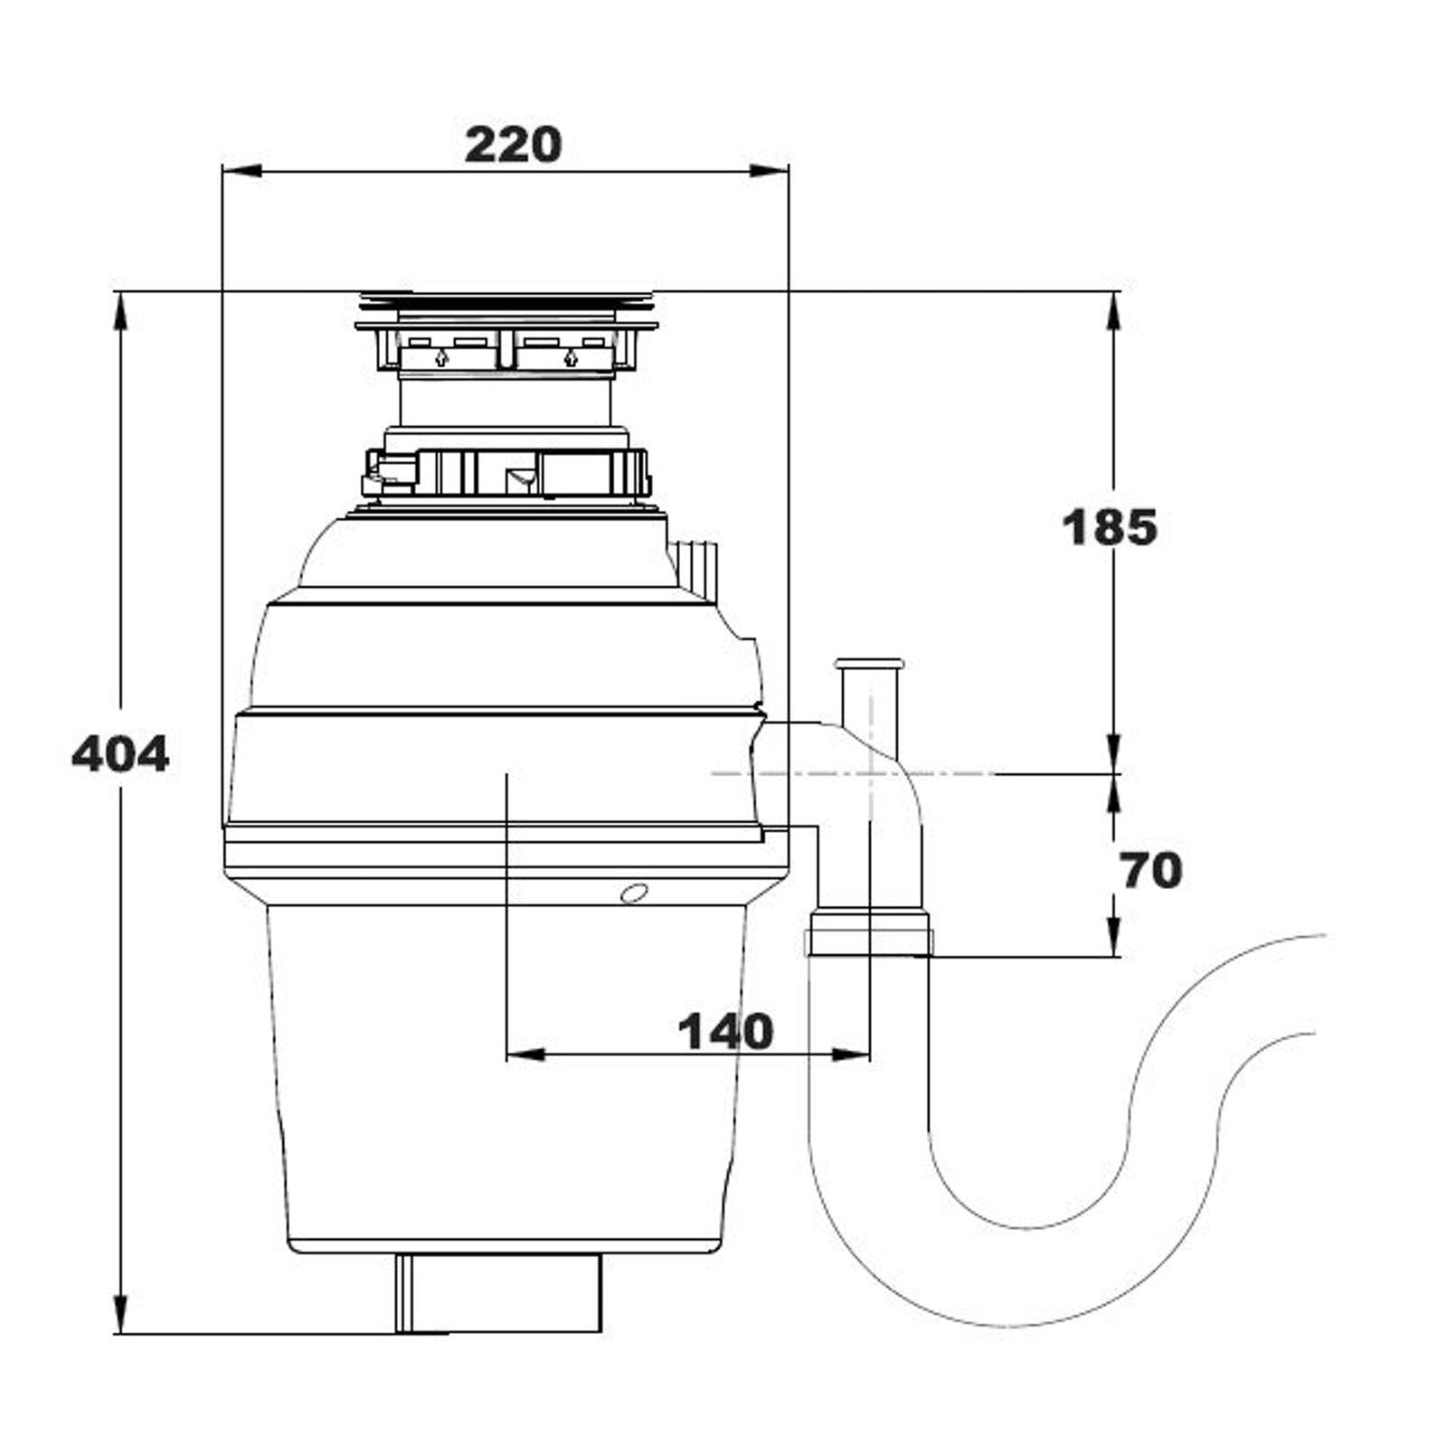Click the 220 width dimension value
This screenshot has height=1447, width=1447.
513,145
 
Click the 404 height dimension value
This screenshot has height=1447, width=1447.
120,753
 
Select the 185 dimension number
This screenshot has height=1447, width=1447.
1109,527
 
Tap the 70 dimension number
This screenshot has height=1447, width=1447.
1150,871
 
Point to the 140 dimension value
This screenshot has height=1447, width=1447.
725,1031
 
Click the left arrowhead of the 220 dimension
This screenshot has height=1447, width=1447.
241,170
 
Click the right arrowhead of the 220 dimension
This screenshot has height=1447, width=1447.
770,170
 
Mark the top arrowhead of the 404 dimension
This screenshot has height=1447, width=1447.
120,312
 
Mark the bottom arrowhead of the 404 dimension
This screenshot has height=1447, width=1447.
120,1314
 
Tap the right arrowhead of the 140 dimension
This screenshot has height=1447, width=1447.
851,1055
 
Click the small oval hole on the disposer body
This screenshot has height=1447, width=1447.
634,894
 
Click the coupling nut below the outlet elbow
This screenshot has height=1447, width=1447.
868,934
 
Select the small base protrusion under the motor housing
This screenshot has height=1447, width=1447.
498,1292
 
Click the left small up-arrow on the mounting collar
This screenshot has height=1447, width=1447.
440,357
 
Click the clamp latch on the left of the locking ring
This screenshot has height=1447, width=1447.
389,472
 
